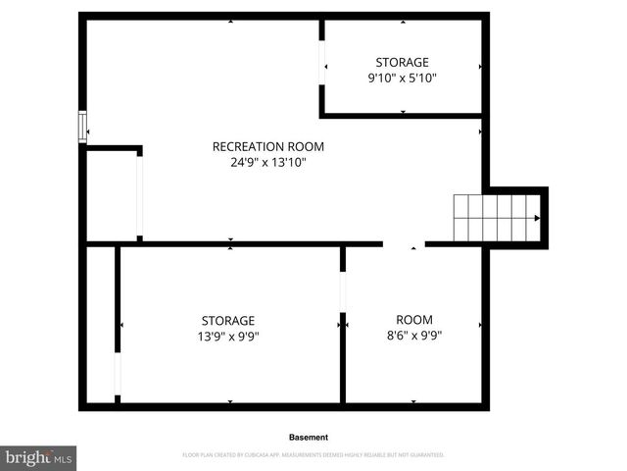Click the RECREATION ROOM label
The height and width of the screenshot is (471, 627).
(267, 147)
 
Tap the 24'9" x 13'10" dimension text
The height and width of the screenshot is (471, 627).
(267, 163)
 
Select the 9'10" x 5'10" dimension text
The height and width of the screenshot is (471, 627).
(402, 78)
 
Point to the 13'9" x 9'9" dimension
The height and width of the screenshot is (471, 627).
(228, 336)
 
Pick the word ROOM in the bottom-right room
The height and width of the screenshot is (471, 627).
(413, 319)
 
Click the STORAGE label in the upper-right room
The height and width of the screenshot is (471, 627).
(402, 63)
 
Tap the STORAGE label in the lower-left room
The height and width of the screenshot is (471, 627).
(228, 320)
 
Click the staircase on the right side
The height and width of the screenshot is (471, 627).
(495, 218)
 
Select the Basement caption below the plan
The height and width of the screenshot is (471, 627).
(309, 437)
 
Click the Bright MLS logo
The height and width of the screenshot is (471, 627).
(38, 457)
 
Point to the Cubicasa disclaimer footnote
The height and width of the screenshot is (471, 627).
(313, 455)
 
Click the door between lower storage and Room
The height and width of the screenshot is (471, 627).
(343, 291)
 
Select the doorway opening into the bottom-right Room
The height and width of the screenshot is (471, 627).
(404, 243)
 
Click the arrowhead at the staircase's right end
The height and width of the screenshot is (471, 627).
(536, 218)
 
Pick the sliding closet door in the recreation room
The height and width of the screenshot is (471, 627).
(140, 196)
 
